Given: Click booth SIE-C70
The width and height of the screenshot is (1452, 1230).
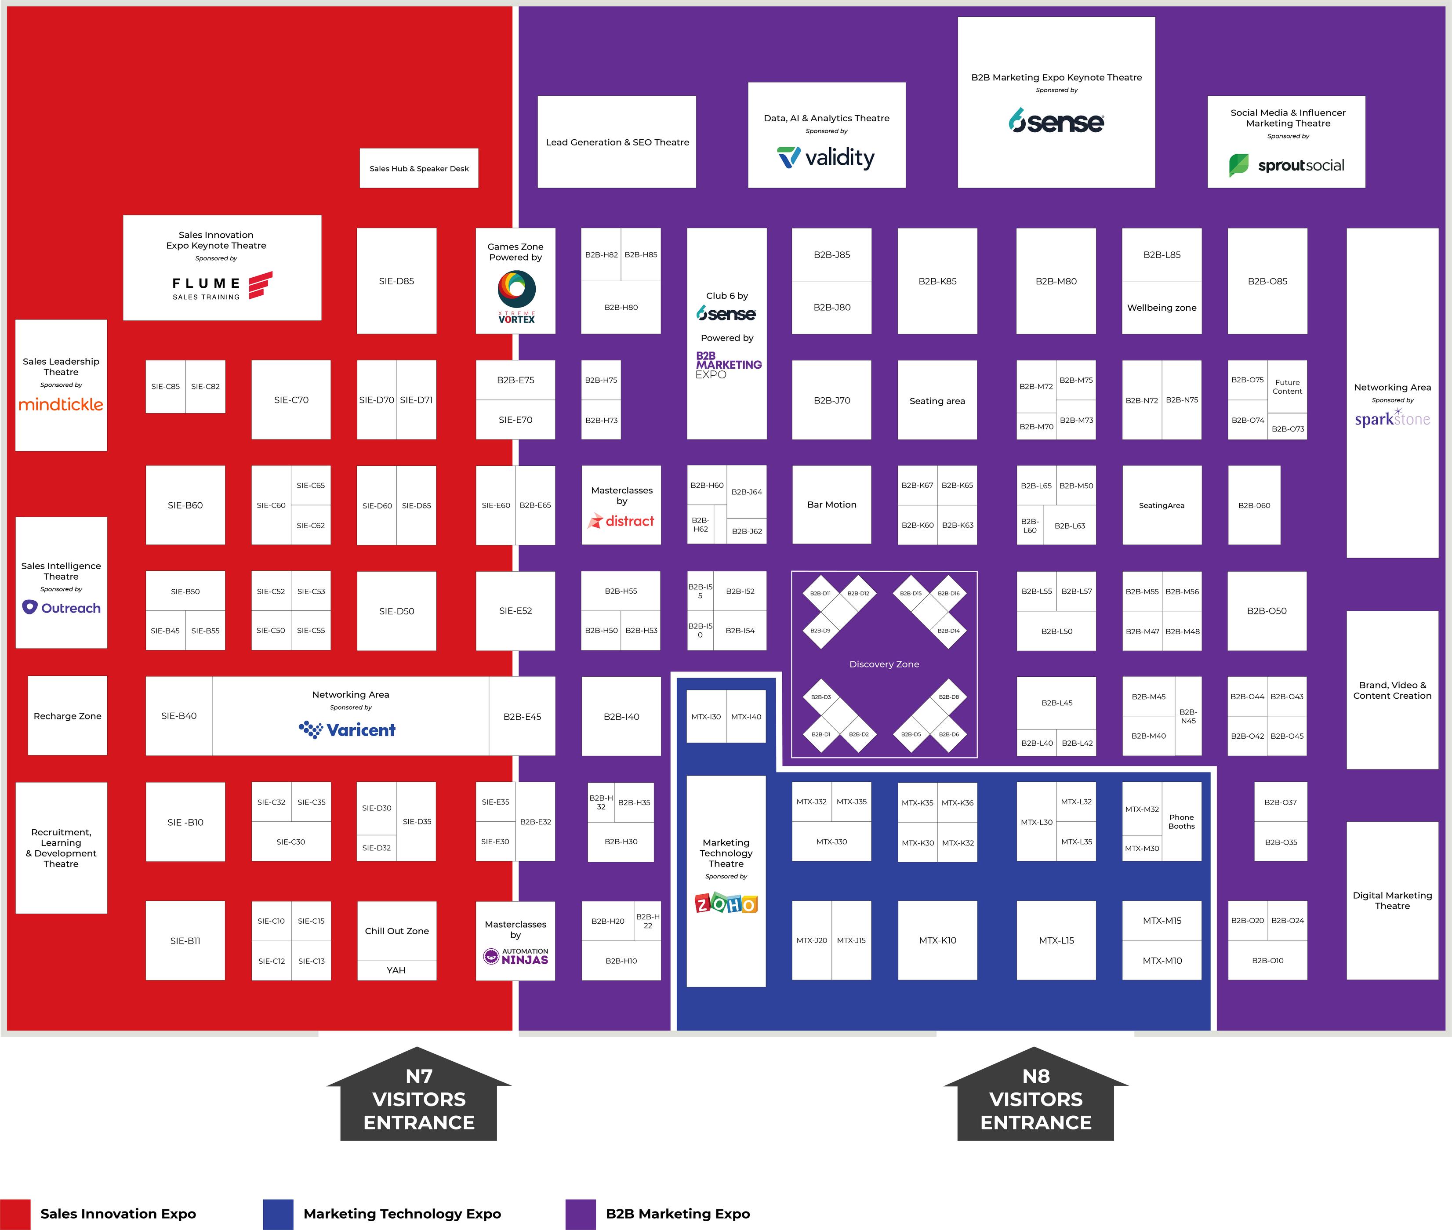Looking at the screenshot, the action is pos(291,399).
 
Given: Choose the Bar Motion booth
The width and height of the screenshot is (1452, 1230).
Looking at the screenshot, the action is pos(831,504).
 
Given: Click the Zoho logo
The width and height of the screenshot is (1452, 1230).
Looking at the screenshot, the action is pos(726,903).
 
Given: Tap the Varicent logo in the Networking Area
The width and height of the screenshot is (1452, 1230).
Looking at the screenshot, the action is pos(347,729).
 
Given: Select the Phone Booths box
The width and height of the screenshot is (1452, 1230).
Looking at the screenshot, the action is pos(1181,821).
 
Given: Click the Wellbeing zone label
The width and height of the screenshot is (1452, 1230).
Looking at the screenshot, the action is pos(1161,308).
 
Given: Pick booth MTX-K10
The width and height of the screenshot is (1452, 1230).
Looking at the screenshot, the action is pos(937,940).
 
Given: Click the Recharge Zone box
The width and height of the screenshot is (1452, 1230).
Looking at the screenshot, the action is pos(67,715).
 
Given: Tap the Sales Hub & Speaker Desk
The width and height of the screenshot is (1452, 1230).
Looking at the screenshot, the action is pos(418,168).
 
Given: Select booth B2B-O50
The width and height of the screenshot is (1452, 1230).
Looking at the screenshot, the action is pos(1267,611).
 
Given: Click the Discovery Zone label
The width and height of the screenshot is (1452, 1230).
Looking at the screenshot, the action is pos(884,664).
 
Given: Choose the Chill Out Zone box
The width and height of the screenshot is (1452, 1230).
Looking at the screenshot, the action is pos(396,931).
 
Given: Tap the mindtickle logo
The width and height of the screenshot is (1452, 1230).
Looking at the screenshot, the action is pos(61,404).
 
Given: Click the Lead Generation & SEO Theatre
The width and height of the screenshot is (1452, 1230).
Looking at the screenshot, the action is pos(617,142).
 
